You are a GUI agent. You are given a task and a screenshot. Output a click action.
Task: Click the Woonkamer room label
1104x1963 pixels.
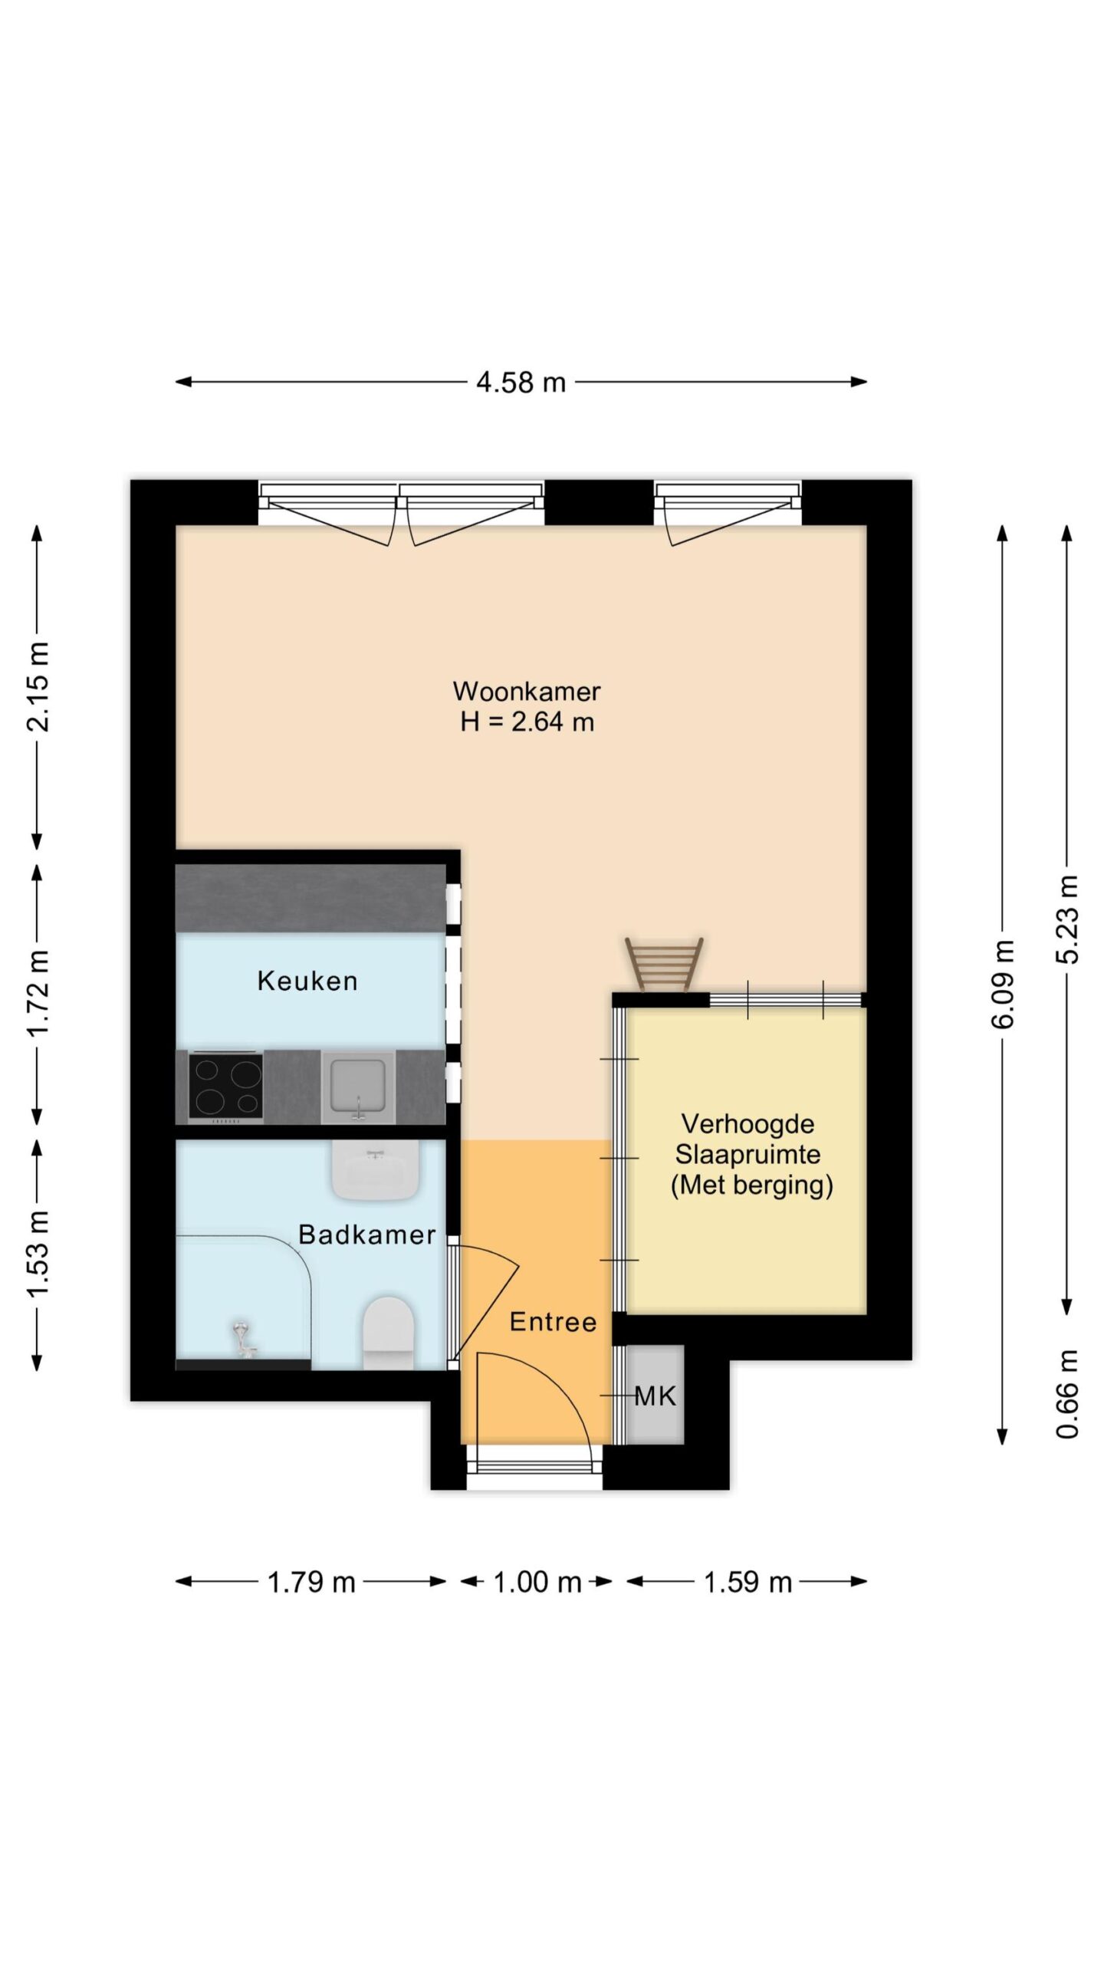[x=526, y=691]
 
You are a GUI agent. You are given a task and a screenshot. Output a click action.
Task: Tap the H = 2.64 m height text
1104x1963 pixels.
[x=527, y=722]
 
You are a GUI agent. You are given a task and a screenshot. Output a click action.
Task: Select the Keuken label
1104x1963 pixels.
[x=307, y=981]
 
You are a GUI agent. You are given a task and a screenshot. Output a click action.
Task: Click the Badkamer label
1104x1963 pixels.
[x=367, y=1235]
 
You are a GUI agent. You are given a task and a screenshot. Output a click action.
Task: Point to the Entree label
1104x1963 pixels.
[x=554, y=1322]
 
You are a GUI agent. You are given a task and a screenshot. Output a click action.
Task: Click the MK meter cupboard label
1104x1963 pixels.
[x=655, y=1396]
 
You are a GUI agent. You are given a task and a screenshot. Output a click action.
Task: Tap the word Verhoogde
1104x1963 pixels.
[x=747, y=1124]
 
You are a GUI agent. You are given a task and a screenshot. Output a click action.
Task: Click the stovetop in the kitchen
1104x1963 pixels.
[x=226, y=1087]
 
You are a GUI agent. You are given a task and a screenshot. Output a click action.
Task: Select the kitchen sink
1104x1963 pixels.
[x=358, y=1087]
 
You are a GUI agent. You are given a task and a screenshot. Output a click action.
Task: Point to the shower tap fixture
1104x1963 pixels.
[x=244, y=1340]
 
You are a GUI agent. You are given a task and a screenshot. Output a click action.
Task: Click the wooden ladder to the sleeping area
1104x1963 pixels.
[x=664, y=965]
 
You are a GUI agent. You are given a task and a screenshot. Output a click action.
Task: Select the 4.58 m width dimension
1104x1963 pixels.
[x=521, y=382]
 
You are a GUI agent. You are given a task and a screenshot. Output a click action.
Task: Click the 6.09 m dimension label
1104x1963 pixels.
[x=1003, y=984]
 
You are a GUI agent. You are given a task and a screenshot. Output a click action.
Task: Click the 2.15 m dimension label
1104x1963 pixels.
[x=38, y=687]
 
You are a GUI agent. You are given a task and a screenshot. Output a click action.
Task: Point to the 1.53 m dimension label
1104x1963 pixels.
[x=38, y=1254]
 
